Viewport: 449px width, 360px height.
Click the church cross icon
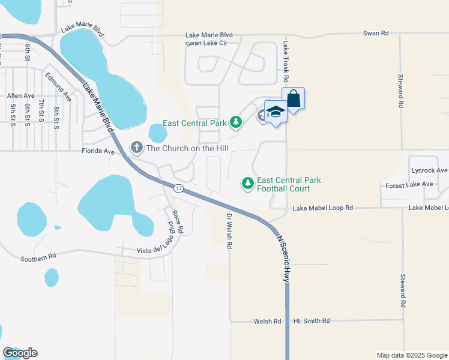click(x=136, y=147)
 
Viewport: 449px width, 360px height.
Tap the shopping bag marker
click(x=293, y=98)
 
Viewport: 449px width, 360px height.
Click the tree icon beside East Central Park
click(x=237, y=123)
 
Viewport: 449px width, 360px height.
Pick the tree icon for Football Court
click(x=247, y=182)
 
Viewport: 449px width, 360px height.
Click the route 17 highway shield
click(x=178, y=188)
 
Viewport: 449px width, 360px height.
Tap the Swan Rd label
click(x=376, y=34)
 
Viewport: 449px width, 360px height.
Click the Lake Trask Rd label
click(x=286, y=62)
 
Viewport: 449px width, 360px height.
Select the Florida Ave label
click(x=98, y=152)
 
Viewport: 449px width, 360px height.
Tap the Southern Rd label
click(x=38, y=257)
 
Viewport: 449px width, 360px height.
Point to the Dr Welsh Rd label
click(x=229, y=230)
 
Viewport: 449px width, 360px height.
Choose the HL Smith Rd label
click(x=312, y=321)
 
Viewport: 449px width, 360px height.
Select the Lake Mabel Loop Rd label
click(x=323, y=208)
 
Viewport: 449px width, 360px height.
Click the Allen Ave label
click(x=21, y=95)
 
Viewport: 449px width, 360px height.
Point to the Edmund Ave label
click(x=58, y=86)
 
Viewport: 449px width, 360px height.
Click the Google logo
click(x=20, y=353)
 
